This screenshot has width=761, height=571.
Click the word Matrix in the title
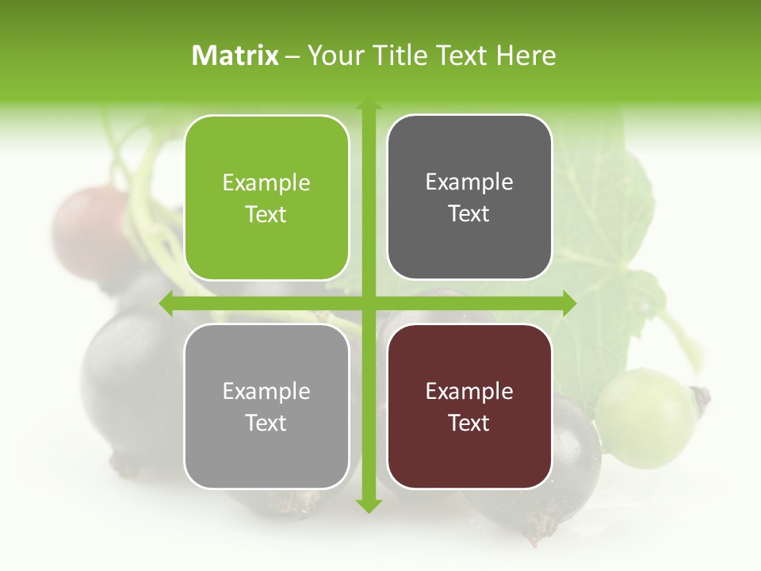pos(235,56)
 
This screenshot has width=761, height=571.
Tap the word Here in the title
pos(526,56)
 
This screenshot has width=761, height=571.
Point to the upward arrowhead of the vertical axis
pos(369,105)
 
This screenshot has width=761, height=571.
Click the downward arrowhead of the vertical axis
pos(369,505)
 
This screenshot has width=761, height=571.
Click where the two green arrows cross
pos(369,303)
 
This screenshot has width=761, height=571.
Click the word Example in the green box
pos(266,183)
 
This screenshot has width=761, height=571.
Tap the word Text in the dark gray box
pos(469,214)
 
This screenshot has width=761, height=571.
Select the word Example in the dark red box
pos(469,391)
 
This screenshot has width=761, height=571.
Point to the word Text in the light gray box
pos(266,423)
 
